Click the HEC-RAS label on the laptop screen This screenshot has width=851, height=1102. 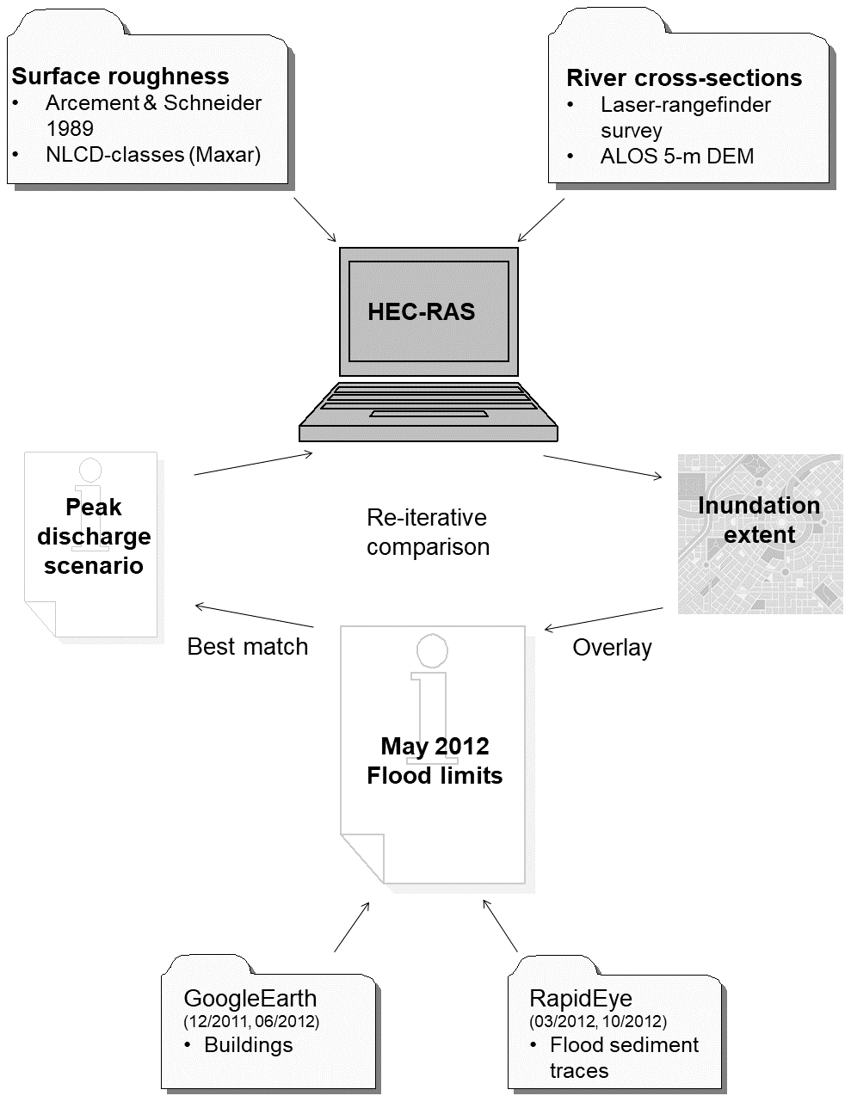coord(421,311)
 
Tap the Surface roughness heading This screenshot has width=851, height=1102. coord(120,77)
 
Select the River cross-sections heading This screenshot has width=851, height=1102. coord(684,78)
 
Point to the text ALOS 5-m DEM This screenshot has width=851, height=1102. coord(676,157)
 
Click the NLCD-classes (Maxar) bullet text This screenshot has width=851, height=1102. coord(152,155)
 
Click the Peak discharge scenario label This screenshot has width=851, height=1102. coord(94,537)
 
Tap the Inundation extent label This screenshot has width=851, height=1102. coord(759,520)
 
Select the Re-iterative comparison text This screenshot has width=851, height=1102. coord(428,532)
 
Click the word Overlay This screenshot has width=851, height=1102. coord(612,648)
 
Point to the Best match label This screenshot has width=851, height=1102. coord(247,647)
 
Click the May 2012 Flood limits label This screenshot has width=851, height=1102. coord(435,760)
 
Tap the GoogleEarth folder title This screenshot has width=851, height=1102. coord(250,999)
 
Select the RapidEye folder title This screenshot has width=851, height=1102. coord(580,999)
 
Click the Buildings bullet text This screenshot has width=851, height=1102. coord(248,1045)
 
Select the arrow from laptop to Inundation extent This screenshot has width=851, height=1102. coord(602,467)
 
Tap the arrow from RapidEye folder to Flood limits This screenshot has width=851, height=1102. coord(500,927)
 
